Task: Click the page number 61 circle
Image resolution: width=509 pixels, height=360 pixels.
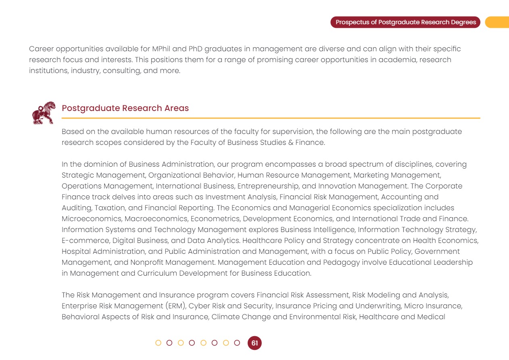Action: coord(255,343)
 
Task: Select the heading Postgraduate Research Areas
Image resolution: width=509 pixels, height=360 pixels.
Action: coord(125,108)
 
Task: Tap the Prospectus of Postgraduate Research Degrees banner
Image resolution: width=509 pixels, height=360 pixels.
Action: coord(405,22)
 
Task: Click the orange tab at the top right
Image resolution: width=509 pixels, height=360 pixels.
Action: coord(497,22)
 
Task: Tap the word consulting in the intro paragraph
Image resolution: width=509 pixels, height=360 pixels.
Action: coord(112,71)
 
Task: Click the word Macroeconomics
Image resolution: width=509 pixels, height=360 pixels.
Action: coord(155,219)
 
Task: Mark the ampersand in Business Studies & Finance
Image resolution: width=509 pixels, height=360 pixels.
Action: coord(291,142)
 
